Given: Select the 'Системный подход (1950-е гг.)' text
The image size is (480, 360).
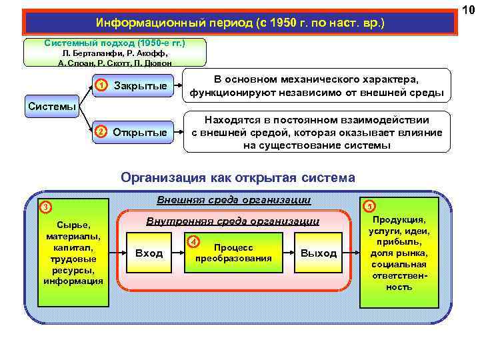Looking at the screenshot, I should click(x=115, y=43).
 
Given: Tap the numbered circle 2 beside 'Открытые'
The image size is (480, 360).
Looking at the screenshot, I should click(x=100, y=131).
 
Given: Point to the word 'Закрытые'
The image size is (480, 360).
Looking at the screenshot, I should click(x=141, y=86).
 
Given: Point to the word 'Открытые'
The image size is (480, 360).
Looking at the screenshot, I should click(x=140, y=132).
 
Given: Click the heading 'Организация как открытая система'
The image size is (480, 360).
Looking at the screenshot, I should click(x=238, y=178).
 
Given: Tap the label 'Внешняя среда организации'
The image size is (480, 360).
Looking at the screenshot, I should click(x=233, y=199).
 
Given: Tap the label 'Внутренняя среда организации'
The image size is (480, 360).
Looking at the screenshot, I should click(x=233, y=221).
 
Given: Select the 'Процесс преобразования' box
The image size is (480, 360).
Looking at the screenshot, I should click(x=238, y=253).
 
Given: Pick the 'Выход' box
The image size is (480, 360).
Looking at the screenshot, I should click(x=319, y=253).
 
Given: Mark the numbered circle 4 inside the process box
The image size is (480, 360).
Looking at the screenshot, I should click(x=193, y=241).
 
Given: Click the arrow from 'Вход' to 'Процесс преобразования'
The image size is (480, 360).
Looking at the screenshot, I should click(x=177, y=253).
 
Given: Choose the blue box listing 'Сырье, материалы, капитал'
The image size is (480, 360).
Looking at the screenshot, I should click(x=73, y=253).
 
